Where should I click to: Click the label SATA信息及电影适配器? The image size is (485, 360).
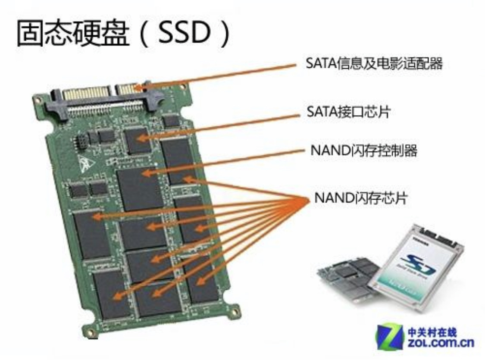374,65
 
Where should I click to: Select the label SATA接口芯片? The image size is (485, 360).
348,113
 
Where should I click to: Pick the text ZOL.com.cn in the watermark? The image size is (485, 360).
440,344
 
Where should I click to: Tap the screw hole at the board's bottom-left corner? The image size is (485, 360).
90,332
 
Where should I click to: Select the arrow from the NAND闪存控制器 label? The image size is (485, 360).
224,161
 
